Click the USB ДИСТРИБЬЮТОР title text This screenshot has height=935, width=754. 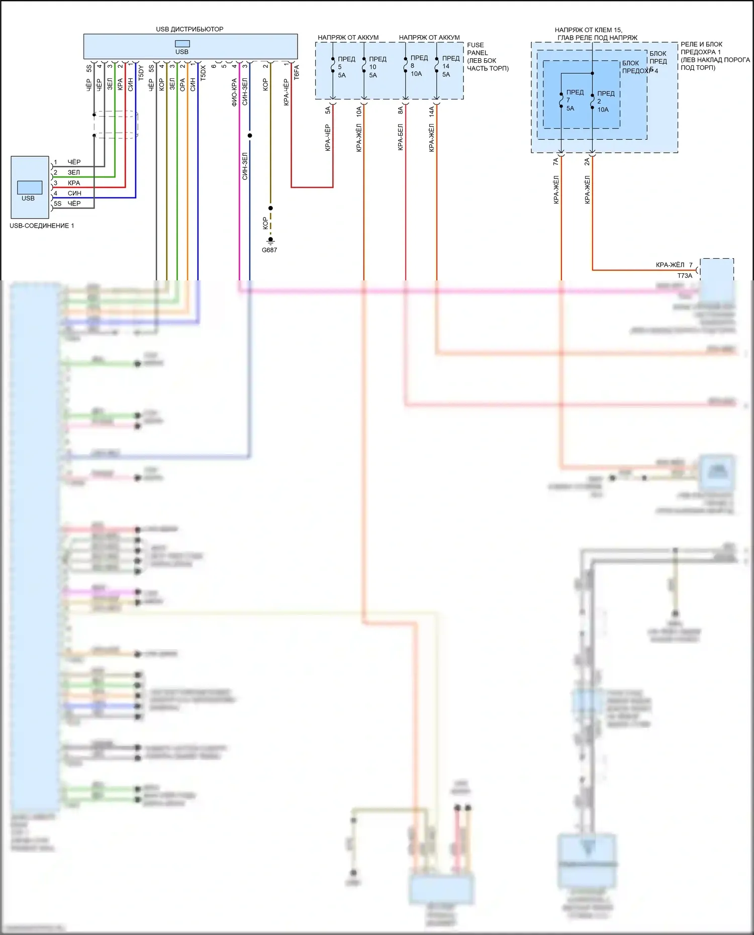[190, 29]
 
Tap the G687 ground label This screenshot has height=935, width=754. [269, 250]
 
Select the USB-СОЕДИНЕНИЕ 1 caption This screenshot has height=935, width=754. [42, 226]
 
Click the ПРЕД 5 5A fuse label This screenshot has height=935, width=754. [345, 67]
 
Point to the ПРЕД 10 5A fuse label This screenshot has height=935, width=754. [376, 67]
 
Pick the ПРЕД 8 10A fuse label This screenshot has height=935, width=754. [418, 66]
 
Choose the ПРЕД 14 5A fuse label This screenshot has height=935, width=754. [450, 66]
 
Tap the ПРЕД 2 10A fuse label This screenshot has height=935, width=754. [605, 101]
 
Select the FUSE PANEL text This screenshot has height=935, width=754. [477, 49]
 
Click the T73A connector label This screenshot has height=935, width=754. [685, 276]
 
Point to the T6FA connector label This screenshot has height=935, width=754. [297, 72]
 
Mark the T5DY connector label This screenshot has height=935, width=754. [141, 73]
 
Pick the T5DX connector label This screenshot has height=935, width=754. [203, 73]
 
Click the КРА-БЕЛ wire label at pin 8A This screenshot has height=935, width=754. [400, 137]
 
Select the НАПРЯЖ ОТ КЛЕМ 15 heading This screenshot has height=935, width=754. [588, 30]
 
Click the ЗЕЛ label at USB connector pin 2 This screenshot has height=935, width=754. [74, 172]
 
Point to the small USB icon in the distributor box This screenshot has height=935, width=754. [182, 44]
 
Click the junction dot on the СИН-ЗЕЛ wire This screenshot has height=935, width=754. [250, 136]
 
